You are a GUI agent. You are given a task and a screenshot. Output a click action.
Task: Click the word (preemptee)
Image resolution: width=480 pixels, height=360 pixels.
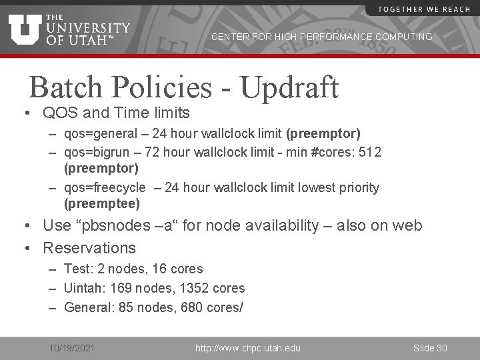pyautogui.click(x=102, y=203)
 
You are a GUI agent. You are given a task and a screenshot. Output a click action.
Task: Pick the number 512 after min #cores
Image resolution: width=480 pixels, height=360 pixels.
pyautogui.click(x=370, y=153)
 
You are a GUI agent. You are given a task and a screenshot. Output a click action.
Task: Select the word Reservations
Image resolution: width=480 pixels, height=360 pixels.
pyautogui.click(x=89, y=248)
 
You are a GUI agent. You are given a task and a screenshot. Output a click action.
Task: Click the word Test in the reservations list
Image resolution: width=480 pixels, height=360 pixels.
pyautogui.click(x=77, y=269)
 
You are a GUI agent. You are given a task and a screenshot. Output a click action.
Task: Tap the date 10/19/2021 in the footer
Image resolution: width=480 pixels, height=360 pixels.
pyautogui.click(x=72, y=348)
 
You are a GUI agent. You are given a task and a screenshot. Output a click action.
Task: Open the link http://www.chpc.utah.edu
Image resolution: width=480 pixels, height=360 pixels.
pyautogui.click(x=247, y=348)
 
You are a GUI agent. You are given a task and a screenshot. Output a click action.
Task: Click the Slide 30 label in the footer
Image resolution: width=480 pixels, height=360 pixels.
pyautogui.click(x=430, y=348)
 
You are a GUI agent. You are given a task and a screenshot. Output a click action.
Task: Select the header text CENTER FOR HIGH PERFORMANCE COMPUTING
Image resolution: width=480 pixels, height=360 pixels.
pyautogui.click(x=321, y=37)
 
